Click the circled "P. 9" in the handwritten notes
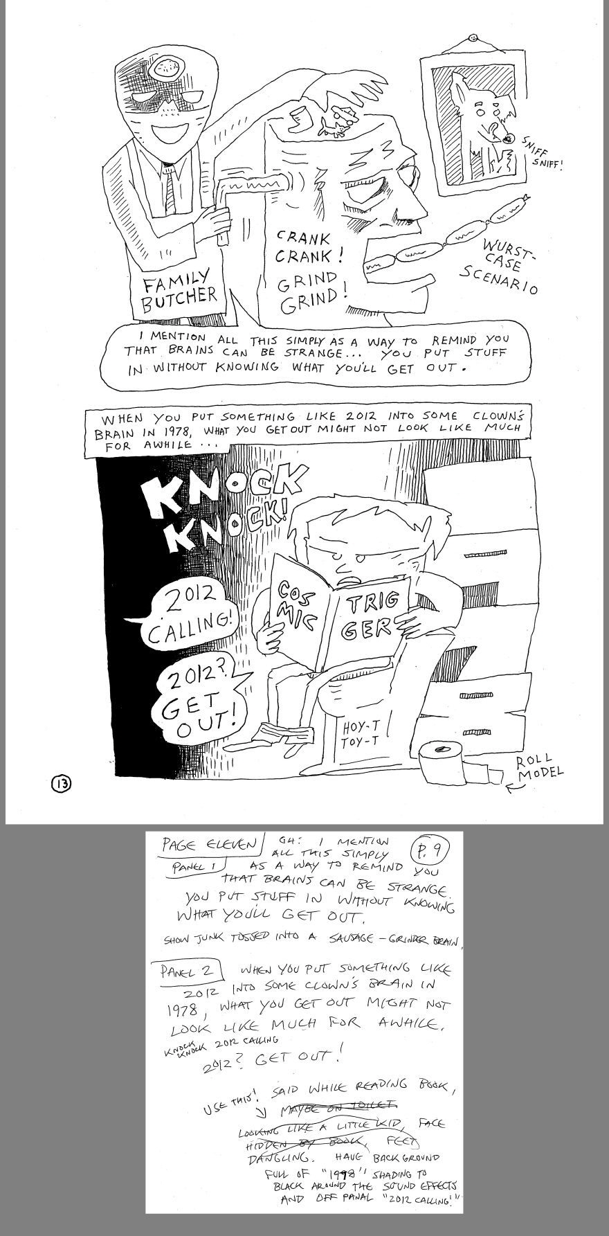pos(421,850)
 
